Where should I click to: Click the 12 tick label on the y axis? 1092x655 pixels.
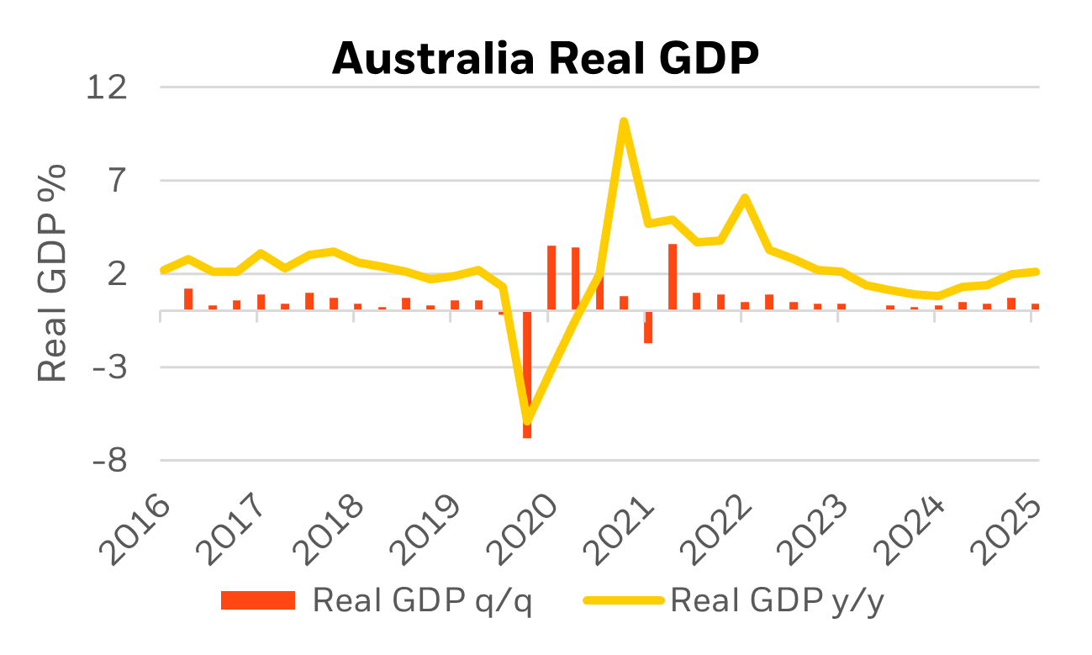pyautogui.click(x=108, y=87)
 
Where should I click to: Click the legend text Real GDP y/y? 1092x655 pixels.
pyautogui.click(x=778, y=600)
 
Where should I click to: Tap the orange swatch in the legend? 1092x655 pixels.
pyautogui.click(x=258, y=600)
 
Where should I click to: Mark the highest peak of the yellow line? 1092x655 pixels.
pyautogui.click(x=623, y=121)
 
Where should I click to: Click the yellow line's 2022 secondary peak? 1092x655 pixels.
pyautogui.click(x=744, y=198)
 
